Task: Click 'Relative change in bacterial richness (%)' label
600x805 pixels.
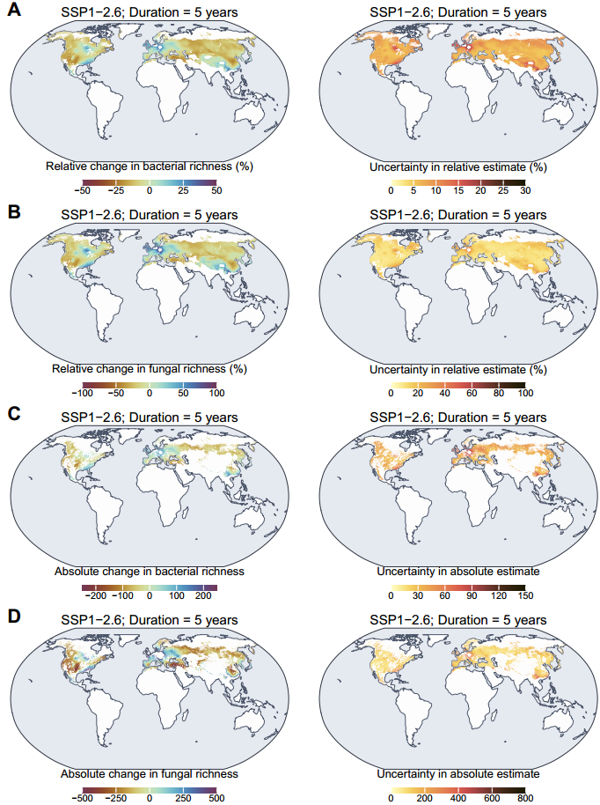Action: [x=149, y=166]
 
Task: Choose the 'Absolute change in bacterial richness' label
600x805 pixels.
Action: [x=149, y=571]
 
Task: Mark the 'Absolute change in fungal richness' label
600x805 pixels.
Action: [x=149, y=773]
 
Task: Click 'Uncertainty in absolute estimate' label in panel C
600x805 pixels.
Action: [x=457, y=571]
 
